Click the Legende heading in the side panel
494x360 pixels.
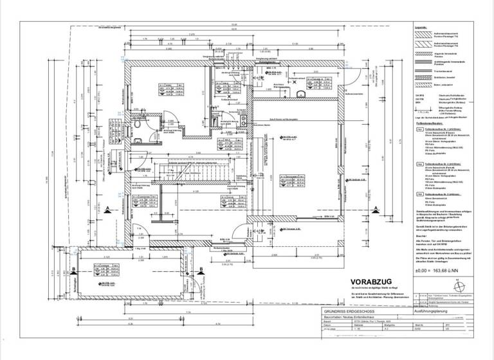point(421,28)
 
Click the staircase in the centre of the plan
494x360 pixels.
point(187,190)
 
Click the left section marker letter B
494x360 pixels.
point(75,270)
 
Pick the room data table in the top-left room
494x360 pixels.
point(159,88)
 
